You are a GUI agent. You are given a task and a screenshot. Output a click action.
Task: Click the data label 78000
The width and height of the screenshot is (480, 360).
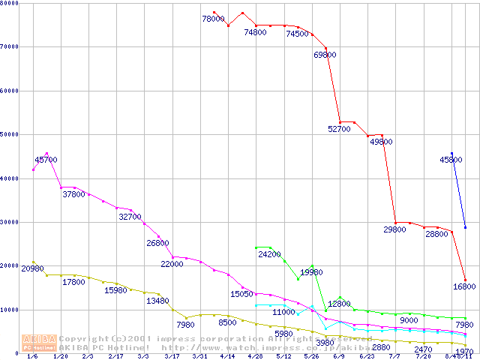[x=214, y=19]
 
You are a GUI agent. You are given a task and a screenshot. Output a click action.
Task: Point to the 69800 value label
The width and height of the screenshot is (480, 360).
[x=325, y=55]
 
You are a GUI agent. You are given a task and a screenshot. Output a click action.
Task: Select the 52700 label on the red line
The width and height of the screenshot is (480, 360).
[x=339, y=130]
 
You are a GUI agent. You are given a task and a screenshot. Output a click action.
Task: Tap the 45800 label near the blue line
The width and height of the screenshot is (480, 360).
[x=451, y=160]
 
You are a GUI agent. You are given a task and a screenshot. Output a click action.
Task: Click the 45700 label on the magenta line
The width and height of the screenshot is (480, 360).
[x=46, y=160]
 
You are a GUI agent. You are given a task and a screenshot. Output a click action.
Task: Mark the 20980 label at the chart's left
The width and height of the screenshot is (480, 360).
[x=33, y=268]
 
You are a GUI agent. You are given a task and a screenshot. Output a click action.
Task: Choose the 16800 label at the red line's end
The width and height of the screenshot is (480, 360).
[x=464, y=286]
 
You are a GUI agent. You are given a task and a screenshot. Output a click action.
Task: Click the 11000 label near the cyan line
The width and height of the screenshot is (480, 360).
[x=283, y=312]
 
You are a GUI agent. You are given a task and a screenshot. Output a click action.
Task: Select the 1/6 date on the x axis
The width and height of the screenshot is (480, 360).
[x=31, y=357]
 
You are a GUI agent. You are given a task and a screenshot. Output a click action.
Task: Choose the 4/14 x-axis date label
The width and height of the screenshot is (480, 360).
[x=227, y=357]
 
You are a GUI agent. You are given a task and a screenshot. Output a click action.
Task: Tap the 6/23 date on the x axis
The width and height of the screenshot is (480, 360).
[x=367, y=357]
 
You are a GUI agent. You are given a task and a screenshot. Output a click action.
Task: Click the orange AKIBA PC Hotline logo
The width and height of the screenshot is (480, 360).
[x=39, y=342]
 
